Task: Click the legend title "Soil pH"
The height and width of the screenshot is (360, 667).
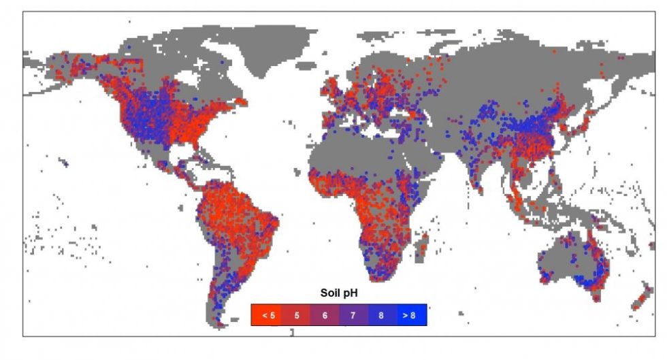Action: [x=340, y=293]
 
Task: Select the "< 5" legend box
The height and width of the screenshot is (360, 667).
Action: [x=266, y=315]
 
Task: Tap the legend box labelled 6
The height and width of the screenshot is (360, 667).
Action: [x=325, y=315]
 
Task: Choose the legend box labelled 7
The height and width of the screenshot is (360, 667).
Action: [x=354, y=315]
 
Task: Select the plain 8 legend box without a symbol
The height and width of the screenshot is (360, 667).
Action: [x=383, y=315]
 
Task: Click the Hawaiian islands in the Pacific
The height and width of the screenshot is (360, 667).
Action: [x=65, y=163]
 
